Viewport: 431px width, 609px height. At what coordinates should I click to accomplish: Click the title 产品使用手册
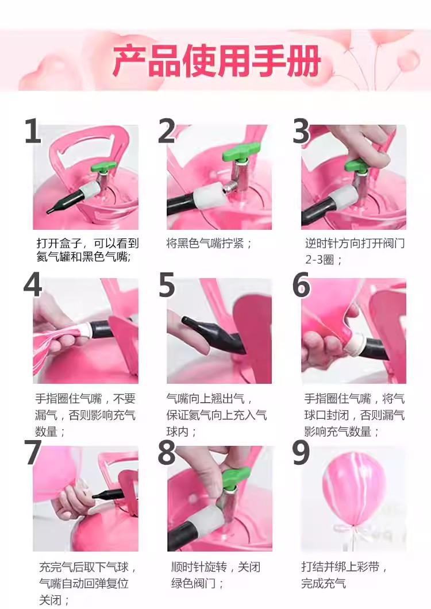(x=217, y=60)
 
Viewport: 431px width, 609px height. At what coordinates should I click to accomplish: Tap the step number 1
(x=33, y=131)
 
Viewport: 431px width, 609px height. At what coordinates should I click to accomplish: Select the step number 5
(x=167, y=286)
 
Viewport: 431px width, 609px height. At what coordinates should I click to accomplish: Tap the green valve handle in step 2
(x=240, y=154)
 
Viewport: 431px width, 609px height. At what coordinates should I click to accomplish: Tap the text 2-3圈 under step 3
(x=320, y=259)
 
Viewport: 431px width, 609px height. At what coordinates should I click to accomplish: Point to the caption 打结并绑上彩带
(x=340, y=566)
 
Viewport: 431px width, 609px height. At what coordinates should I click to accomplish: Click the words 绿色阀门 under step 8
(x=193, y=583)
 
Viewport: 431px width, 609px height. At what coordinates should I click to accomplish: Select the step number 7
(x=33, y=453)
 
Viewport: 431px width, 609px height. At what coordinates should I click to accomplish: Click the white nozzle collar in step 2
(x=209, y=195)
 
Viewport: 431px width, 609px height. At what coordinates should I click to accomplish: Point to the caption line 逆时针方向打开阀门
(x=355, y=244)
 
